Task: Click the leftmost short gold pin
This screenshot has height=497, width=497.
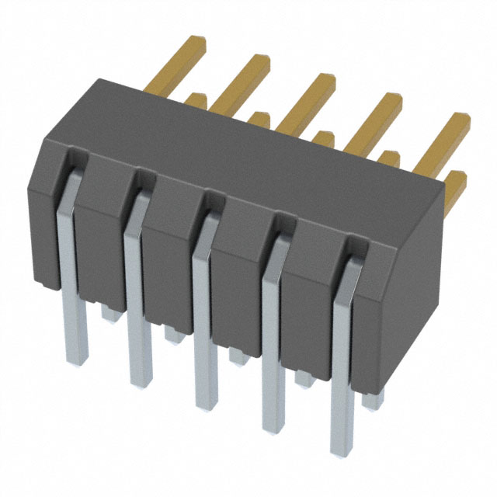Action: pos(197,100)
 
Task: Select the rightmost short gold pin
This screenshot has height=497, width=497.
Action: pos(458,182)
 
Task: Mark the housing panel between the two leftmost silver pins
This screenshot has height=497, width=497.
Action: pos(101,233)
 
